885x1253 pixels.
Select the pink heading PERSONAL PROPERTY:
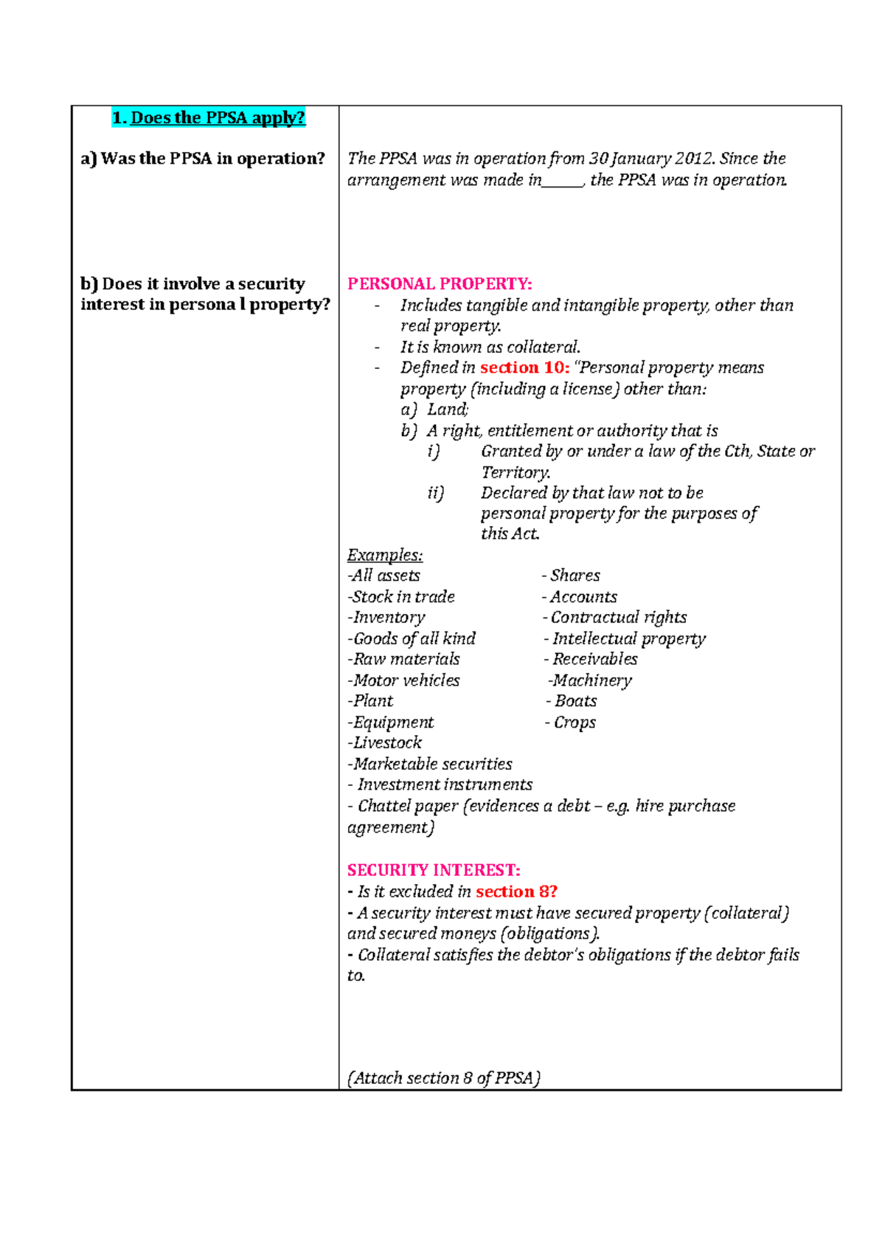click(x=440, y=284)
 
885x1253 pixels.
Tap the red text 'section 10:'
click(x=524, y=367)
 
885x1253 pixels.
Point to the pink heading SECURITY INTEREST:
click(x=434, y=870)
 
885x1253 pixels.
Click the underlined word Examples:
click(x=385, y=555)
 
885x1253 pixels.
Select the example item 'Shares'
click(x=575, y=576)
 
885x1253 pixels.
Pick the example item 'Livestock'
click(x=386, y=743)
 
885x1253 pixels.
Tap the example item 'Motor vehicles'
click(x=406, y=680)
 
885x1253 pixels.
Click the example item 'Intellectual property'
click(x=628, y=638)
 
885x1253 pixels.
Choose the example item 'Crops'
click(x=574, y=722)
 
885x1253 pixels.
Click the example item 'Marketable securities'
click(x=431, y=764)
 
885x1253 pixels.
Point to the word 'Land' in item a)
click(x=447, y=410)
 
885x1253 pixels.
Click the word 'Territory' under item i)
click(x=515, y=472)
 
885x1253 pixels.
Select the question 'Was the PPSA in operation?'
click(x=212, y=159)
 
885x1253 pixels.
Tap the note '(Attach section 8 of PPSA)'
click(x=444, y=1078)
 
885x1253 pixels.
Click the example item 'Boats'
click(x=575, y=701)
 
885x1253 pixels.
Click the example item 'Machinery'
click(x=591, y=680)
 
